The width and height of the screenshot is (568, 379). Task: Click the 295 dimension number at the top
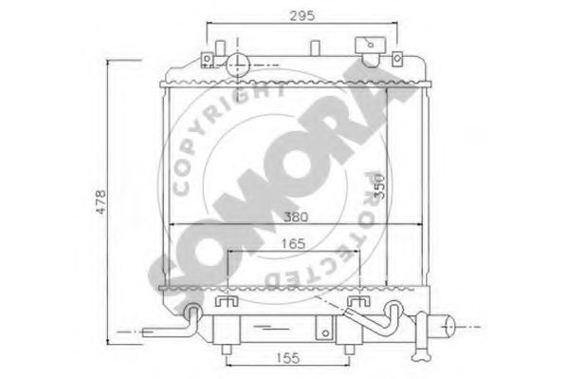tap(302, 15)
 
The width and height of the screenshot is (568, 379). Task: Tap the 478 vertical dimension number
tap(101, 201)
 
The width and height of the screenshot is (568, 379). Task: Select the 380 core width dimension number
tap(296, 218)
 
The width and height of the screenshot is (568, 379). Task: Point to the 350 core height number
tap(379, 186)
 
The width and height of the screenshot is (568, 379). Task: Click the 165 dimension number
tap(293, 244)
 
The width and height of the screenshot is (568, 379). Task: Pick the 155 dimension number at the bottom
tap(288, 358)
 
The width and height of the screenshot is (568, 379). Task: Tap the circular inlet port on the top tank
tap(238, 66)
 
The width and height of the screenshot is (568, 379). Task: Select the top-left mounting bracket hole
tap(208, 59)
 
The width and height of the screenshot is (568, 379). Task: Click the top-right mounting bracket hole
tap(397, 58)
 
